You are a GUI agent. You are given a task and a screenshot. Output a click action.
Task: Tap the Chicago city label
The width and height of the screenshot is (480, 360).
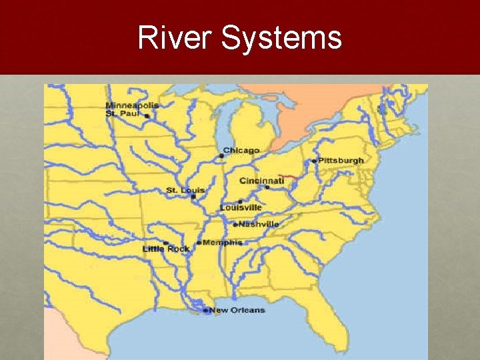click(x=241, y=151)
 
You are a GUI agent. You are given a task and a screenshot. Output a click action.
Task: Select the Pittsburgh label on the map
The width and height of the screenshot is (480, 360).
click(x=341, y=161)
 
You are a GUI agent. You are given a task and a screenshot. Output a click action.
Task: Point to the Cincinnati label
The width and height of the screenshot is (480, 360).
click(x=262, y=181)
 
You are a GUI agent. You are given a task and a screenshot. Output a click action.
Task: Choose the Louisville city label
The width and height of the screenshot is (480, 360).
click(x=241, y=208)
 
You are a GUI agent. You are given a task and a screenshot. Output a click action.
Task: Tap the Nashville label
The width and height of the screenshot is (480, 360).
click(x=259, y=225)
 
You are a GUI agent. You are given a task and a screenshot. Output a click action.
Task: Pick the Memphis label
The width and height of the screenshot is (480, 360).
click(x=223, y=243)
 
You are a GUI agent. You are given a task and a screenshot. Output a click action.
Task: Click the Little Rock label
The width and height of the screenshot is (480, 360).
click(x=166, y=249)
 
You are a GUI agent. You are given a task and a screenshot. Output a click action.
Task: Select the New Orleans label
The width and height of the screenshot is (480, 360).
click(x=237, y=311)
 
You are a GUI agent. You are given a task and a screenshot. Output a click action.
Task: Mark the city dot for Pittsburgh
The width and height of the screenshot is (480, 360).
click(x=314, y=161)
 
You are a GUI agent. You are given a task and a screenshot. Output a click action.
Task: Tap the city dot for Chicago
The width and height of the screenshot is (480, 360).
click(x=221, y=156)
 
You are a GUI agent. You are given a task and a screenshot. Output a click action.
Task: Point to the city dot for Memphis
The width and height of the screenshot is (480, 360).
click(x=199, y=243)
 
